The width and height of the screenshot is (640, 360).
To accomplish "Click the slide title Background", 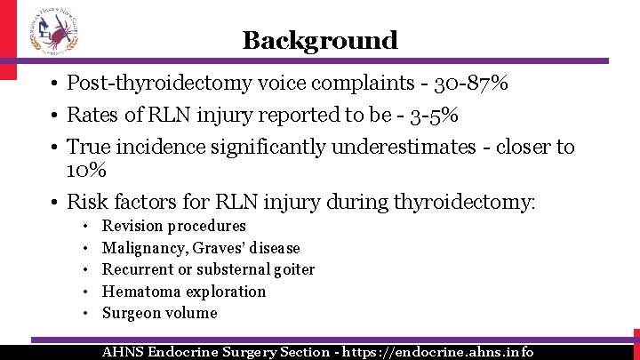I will click(320, 40).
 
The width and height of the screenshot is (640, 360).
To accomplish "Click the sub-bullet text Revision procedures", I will click(174, 227).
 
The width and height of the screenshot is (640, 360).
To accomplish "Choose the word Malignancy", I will click(140, 248).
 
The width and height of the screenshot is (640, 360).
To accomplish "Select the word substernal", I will click(233, 269).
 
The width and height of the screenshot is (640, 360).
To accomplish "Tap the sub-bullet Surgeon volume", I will click(160, 313).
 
